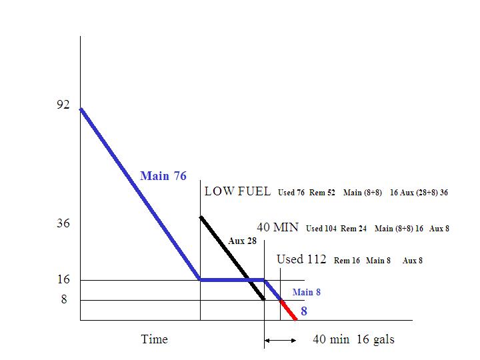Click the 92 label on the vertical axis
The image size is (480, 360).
[63, 105]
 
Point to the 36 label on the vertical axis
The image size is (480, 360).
[63, 223]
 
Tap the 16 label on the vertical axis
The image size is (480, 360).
[63, 280]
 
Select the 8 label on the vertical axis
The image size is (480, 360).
[64, 299]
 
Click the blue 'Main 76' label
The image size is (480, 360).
[163, 177]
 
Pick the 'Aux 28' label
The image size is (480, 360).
[242, 241]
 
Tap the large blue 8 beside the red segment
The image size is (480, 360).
[304, 311]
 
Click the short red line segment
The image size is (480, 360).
[288, 310]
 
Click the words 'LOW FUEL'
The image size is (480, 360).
[237, 191]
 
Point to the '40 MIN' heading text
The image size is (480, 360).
[277, 227]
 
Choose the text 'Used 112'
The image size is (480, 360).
[301, 259]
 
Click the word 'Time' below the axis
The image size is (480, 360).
[154, 339]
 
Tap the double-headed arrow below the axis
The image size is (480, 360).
[281, 341]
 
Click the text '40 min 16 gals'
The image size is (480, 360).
[353, 339]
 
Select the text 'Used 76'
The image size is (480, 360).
[291, 193]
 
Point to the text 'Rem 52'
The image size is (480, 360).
[322, 193]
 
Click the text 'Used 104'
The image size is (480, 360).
[321, 229]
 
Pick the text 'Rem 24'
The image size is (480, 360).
[353, 229]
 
